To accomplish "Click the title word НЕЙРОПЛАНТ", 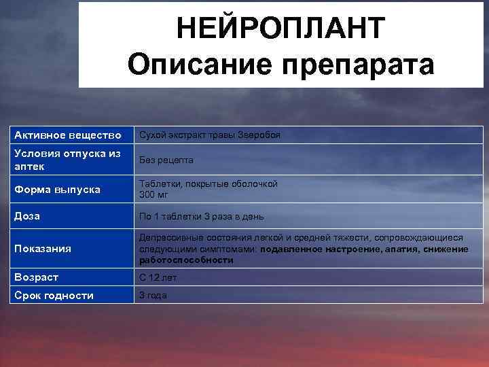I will click(280, 28).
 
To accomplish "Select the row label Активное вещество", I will click(68, 135).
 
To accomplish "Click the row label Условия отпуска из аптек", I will click(67, 160).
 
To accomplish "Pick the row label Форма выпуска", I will click(57, 190).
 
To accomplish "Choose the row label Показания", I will click(43, 249).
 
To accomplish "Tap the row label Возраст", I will click(37, 277).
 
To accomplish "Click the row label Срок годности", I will click(54, 296).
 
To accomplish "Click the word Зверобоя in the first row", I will click(259, 135).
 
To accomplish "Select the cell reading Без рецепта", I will click(166, 160).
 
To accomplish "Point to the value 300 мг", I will click(153, 195).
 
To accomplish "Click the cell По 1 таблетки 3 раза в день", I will click(202, 217).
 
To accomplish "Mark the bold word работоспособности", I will click(181, 260).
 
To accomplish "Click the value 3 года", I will click(153, 296).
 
